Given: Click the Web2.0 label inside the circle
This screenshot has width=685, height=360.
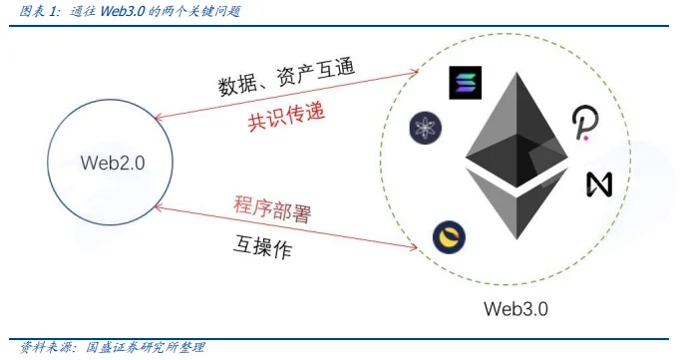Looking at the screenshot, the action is [x=113, y=163].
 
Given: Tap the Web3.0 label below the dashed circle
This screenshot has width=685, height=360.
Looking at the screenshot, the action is [x=515, y=309].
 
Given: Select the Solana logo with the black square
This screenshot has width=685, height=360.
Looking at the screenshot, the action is [x=466, y=83].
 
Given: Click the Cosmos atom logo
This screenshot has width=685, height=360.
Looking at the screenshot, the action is [x=426, y=128].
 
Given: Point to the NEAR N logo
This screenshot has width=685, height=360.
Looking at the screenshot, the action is [x=599, y=183].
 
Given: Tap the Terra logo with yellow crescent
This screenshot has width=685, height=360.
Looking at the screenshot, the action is [x=449, y=237].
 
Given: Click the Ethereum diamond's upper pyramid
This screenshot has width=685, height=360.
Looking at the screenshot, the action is [x=516, y=130].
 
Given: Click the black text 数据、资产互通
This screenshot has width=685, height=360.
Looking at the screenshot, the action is [x=286, y=78].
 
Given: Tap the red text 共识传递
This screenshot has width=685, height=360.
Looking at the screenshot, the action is [x=286, y=117].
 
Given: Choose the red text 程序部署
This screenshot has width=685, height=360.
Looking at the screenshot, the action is [x=272, y=209].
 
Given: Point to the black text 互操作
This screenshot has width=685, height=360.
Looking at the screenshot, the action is [x=262, y=247].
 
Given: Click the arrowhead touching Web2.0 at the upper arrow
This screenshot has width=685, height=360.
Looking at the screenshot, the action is [x=158, y=118].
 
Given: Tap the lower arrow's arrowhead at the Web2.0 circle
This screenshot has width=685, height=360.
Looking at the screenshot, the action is [x=159, y=207].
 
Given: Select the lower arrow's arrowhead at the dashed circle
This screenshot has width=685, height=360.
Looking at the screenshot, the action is [x=413, y=247].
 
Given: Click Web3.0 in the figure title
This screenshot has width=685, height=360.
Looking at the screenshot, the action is [x=123, y=11].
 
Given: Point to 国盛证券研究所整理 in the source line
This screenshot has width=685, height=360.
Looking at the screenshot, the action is [x=145, y=347].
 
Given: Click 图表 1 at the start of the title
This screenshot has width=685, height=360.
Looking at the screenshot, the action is [x=39, y=11].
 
